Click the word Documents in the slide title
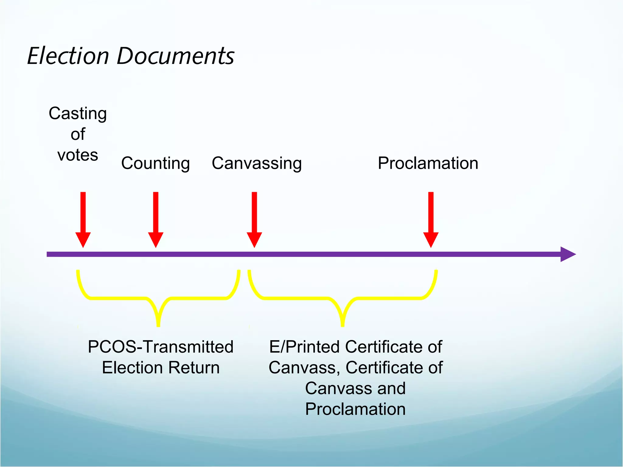click(x=175, y=56)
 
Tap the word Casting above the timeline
click(x=78, y=113)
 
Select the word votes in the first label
click(x=78, y=155)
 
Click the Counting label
click(x=155, y=163)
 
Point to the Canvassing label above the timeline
click(x=257, y=163)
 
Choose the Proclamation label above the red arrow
click(x=428, y=163)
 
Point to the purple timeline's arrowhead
click(x=568, y=254)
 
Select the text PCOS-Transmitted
click(x=161, y=347)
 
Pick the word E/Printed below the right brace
click(x=304, y=347)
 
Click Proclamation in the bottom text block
click(x=355, y=409)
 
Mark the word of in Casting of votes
click(x=78, y=134)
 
